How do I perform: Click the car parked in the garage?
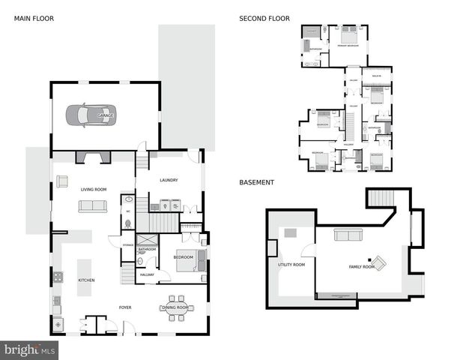point(90,115)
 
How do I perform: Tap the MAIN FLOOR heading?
point(34,18)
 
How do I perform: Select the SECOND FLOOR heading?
point(264,18)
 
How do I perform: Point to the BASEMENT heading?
point(256,182)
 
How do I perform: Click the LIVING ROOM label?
point(94,190)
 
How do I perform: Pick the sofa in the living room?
point(94,206)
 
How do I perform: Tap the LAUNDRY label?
point(168,180)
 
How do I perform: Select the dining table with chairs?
point(177,307)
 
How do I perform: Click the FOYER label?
point(125,307)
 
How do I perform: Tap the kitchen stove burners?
point(58,276)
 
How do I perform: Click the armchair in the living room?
point(62,180)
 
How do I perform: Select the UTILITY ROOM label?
point(292,264)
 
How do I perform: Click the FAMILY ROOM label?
point(361,266)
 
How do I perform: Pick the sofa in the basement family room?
point(348,235)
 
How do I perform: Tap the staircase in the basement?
point(380,199)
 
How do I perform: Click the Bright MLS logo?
point(30,349)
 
